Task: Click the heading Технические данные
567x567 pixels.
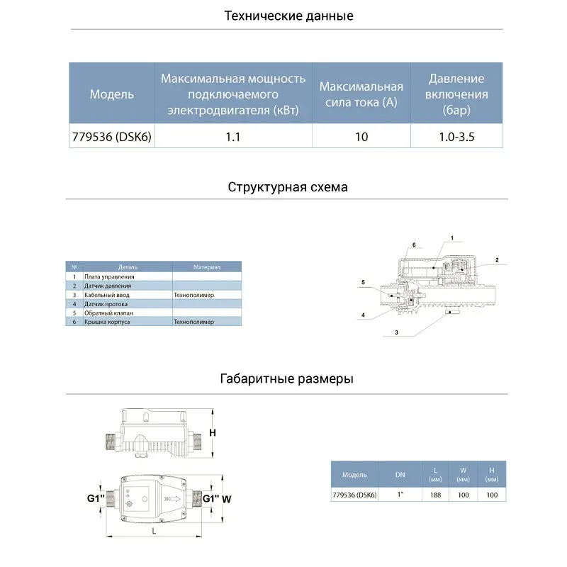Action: pos(288,16)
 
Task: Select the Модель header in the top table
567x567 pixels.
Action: pos(111,94)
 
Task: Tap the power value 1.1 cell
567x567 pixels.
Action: pos(232,137)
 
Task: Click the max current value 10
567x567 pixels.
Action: pos(361,137)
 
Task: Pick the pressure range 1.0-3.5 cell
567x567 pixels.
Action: pos(456,137)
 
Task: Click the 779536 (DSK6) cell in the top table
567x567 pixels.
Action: pos(111,137)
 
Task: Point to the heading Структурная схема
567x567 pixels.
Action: pos(288,188)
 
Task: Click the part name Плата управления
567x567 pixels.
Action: pos(109,276)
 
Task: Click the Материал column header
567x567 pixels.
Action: pos(207,267)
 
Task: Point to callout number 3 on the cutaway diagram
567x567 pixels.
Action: pos(396,332)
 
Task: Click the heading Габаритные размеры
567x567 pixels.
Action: pos(287,379)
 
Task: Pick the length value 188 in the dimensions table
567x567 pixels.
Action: pos(435,495)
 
